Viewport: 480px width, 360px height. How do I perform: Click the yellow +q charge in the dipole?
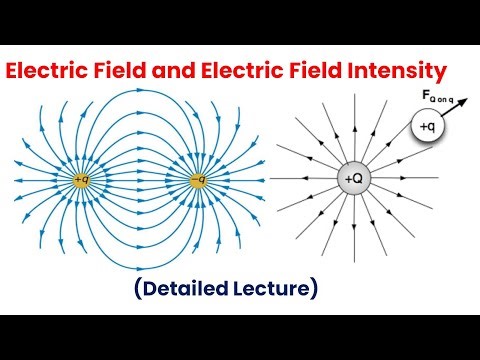pos(82,181)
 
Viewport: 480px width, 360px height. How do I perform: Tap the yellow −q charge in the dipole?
pos(200,181)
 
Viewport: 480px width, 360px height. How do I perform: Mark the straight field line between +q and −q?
pos(141,181)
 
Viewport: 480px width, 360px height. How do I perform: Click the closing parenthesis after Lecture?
pos(314,290)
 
